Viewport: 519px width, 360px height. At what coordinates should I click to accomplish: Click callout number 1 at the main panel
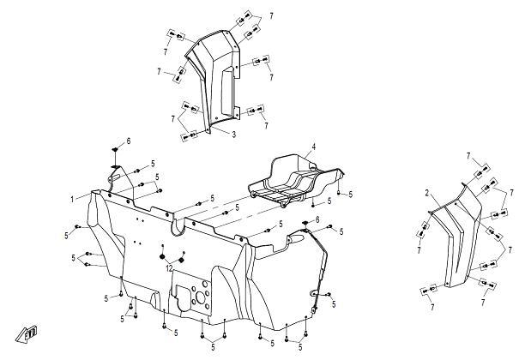[72, 200]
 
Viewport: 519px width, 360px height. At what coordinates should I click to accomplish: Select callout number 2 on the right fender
[427, 193]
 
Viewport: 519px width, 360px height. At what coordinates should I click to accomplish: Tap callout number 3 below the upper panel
[234, 135]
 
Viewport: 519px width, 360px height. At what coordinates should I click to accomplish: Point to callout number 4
[313, 147]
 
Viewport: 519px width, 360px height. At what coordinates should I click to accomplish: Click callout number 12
[170, 269]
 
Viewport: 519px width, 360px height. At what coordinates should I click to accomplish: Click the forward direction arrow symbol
[27, 333]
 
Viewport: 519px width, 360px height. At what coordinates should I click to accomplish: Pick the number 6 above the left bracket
[129, 141]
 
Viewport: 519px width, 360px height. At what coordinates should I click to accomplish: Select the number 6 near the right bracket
[317, 219]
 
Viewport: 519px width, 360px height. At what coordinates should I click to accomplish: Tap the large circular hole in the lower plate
[201, 297]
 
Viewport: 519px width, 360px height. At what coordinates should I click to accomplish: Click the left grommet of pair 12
[162, 256]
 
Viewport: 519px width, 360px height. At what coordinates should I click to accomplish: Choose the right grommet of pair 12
[181, 260]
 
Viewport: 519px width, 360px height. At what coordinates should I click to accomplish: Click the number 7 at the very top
[271, 16]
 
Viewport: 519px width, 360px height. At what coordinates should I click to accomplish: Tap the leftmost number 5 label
[67, 236]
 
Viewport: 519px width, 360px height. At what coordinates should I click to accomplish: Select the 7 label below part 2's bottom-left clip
[432, 308]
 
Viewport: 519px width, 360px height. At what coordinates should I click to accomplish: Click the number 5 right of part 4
[351, 195]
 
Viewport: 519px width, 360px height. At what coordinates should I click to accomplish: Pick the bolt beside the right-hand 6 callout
[330, 226]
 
